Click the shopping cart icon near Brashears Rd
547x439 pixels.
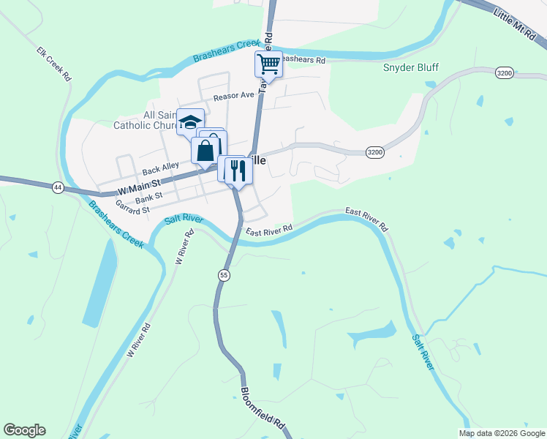click(x=268, y=64)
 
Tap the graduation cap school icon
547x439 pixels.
click(x=190, y=122)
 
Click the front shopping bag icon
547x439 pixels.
click(x=205, y=151)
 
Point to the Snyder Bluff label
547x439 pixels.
click(x=410, y=68)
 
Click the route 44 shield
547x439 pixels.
click(x=57, y=188)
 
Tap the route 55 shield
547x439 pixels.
click(x=224, y=274)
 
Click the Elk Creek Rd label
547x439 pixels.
click(x=53, y=64)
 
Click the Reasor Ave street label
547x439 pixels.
click(x=233, y=96)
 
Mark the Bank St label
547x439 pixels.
click(x=148, y=198)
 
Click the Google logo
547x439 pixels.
click(x=24, y=430)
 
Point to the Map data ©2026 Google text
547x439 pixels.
click(x=501, y=433)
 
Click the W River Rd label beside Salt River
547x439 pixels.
click(x=182, y=247)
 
